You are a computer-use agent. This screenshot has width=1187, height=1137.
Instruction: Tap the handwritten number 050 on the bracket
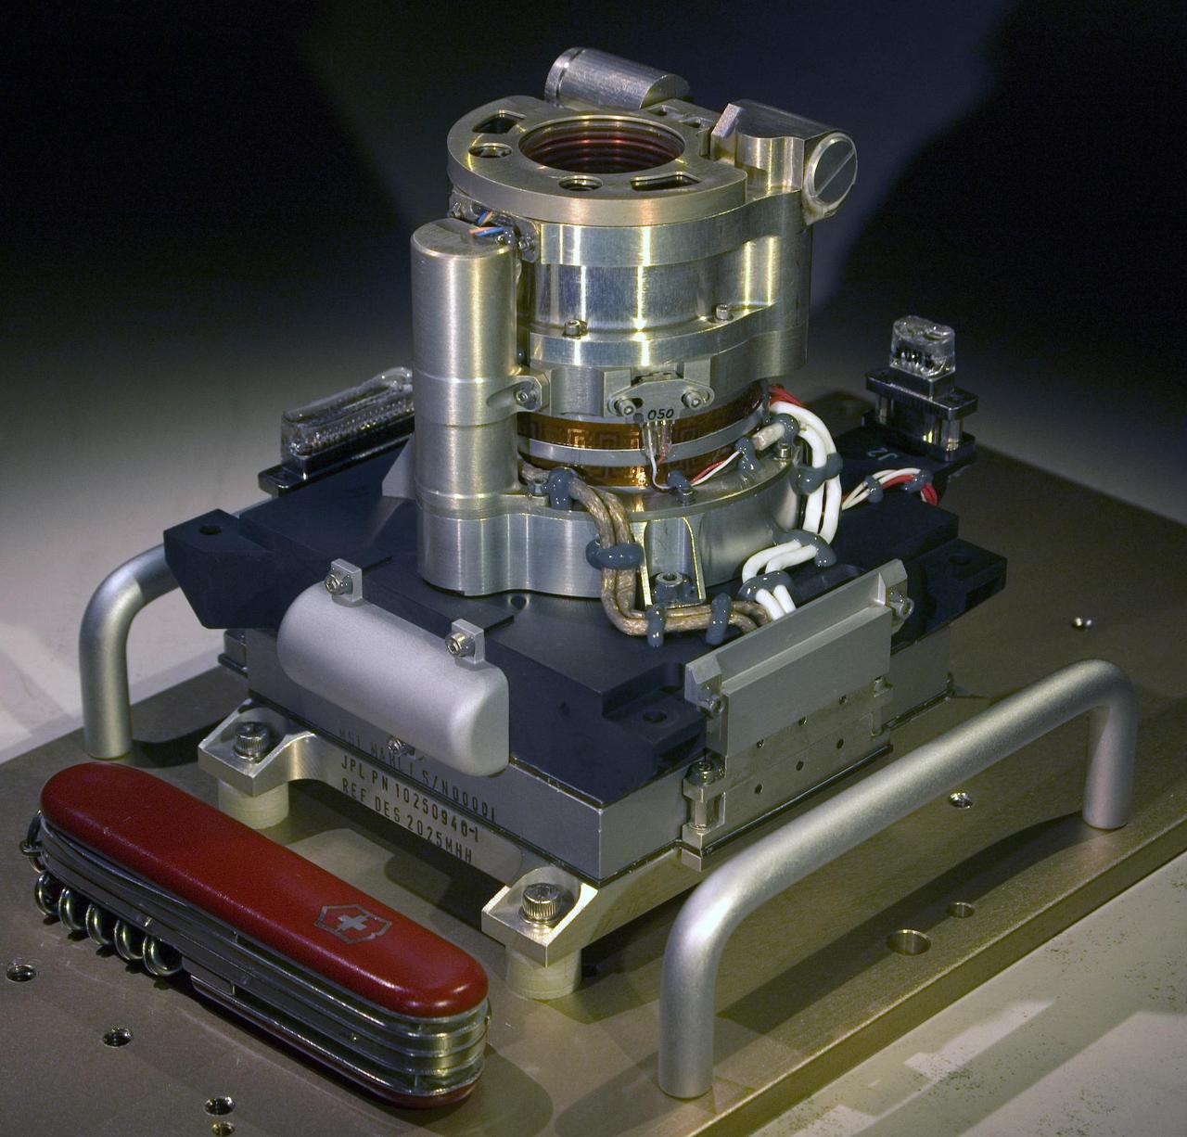(660, 414)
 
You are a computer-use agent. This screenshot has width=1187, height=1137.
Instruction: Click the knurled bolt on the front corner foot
(538, 901)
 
